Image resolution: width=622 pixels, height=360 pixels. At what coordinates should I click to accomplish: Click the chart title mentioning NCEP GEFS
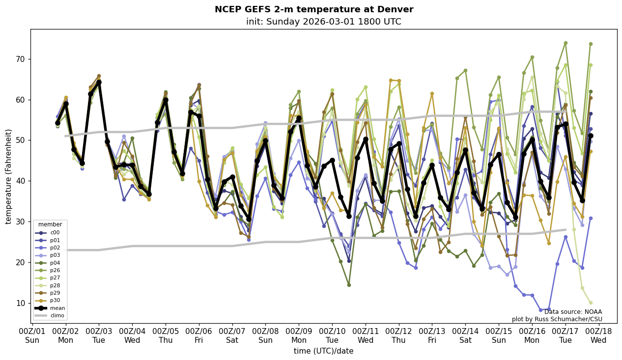coord(314,9)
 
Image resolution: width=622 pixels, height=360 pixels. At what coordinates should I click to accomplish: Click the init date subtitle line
coord(323,22)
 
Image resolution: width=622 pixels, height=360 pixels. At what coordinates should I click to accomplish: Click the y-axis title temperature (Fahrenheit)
coord(8,176)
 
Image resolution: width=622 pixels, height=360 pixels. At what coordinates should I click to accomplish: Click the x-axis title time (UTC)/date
coord(323,351)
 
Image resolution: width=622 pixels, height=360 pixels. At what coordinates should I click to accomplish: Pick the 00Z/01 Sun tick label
coord(32,335)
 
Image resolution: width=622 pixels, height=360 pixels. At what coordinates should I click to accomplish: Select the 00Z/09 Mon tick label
coord(299,335)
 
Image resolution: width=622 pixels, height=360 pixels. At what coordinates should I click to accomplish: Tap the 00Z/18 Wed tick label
coord(598,335)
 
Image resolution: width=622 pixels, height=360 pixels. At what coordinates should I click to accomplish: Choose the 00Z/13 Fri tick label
coord(432,335)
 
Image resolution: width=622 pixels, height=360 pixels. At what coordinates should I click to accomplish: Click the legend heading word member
coord(50,224)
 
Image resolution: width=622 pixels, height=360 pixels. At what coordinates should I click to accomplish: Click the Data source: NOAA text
coord(573,312)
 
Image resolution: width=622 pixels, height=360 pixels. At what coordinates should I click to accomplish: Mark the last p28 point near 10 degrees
coord(590,303)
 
